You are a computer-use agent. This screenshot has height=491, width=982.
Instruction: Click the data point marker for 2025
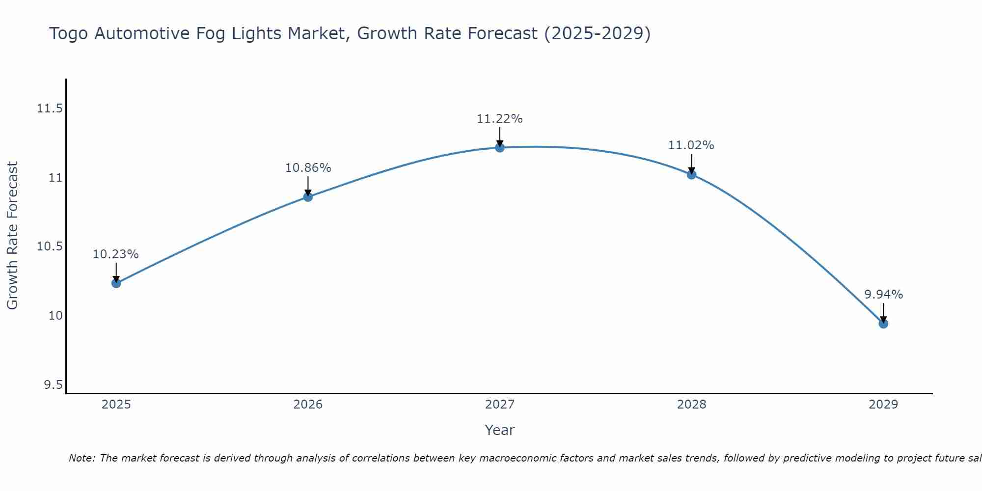pos(116,283)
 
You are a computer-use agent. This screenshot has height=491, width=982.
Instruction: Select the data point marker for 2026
pos(308,197)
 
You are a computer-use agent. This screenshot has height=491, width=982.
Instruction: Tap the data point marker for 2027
pos(500,147)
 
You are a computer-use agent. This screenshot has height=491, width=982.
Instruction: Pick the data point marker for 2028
pos(691,174)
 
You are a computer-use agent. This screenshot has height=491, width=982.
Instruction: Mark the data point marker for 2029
pos(883,324)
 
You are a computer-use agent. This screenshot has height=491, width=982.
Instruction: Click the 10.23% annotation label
pos(116,254)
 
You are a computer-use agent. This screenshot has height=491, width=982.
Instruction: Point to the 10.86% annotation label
pos(308,168)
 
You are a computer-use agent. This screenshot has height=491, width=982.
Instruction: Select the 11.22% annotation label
pos(500,119)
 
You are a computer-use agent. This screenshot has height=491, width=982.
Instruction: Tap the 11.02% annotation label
pos(691,145)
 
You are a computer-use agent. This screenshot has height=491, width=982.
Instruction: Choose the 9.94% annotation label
pos(883,295)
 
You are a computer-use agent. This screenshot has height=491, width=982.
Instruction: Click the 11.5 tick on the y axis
pos(50,109)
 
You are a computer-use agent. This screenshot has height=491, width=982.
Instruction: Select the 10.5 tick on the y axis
pos(50,246)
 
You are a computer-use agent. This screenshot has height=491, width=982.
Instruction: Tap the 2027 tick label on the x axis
pos(500,405)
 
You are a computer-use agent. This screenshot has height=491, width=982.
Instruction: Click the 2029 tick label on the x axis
pos(883,405)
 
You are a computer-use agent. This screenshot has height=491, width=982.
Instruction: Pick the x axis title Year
pos(500,430)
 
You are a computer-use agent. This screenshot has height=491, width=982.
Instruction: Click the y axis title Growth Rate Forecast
pos(13,236)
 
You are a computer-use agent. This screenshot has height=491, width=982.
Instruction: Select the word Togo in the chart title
pos(69,34)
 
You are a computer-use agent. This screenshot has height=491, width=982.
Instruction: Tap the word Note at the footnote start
pos(82,458)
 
